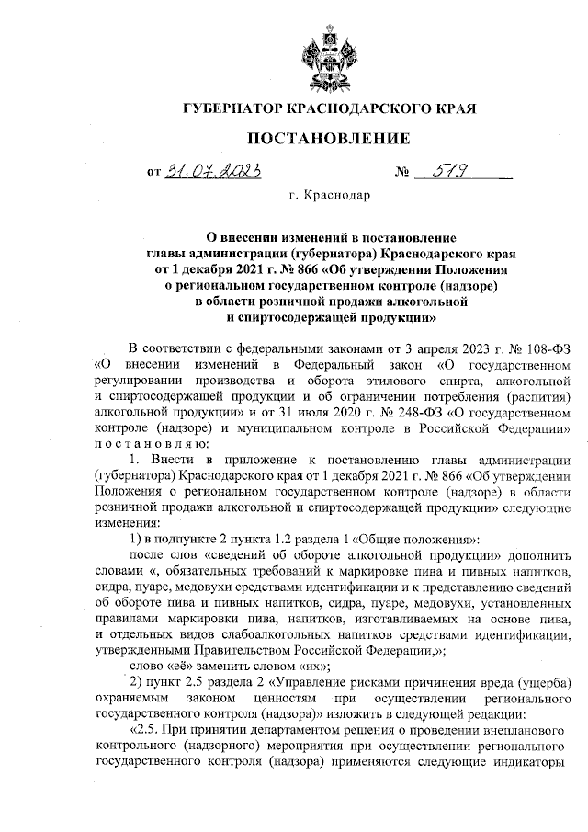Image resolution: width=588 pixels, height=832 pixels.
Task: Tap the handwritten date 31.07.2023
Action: pos(211,171)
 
